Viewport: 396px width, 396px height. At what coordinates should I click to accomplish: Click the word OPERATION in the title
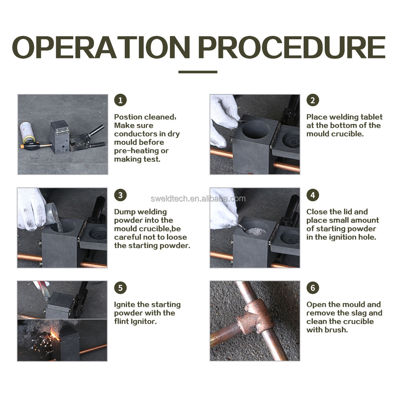pyautogui.click(x=101, y=47)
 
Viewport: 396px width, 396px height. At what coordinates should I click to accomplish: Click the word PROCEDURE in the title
pyautogui.click(x=292, y=47)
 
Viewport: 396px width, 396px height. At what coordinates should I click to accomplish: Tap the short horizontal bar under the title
pyautogui.click(x=198, y=72)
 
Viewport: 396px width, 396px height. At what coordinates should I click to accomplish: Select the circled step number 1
pyautogui.click(x=120, y=100)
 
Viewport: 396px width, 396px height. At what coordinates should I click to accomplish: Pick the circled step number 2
pyautogui.click(x=313, y=100)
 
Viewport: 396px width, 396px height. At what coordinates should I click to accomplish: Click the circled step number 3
pyautogui.click(x=120, y=195)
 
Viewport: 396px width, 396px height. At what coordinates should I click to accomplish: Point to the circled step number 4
pyautogui.click(x=313, y=195)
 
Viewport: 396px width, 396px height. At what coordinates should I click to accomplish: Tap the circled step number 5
pyautogui.click(x=120, y=288)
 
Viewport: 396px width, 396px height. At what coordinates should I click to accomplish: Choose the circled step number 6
pyautogui.click(x=313, y=288)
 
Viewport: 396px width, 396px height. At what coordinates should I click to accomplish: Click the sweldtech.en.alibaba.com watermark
pyautogui.click(x=198, y=199)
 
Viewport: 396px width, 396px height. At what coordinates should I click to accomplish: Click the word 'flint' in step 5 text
pyautogui.click(x=120, y=322)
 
